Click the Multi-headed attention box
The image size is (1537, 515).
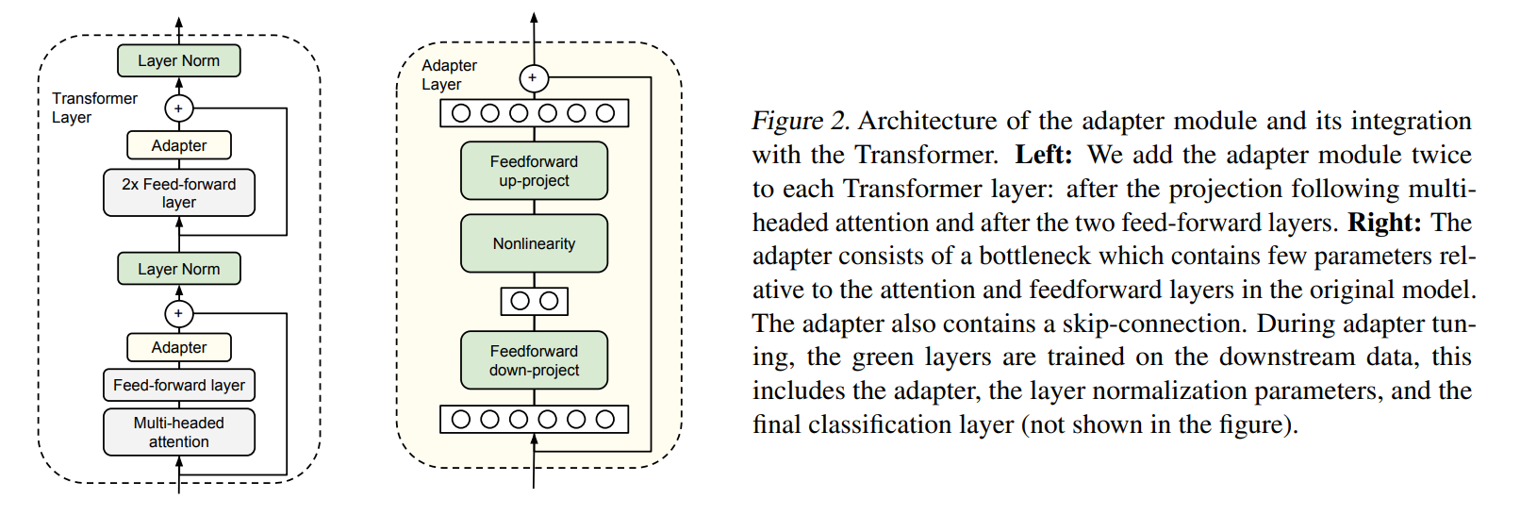(179, 432)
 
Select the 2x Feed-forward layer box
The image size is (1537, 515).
(179, 192)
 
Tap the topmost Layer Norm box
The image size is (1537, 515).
(179, 60)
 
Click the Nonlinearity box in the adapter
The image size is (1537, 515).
(534, 243)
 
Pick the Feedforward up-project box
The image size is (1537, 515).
(534, 171)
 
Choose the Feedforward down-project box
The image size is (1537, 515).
(534, 360)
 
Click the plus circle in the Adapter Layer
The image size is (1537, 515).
(533, 78)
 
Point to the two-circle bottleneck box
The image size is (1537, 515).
(534, 301)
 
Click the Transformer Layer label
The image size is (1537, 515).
(93, 108)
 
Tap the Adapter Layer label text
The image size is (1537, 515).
(449, 75)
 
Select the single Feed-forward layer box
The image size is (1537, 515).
(179, 385)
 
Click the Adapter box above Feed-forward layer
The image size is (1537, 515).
(179, 347)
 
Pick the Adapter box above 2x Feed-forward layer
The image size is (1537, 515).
(179, 145)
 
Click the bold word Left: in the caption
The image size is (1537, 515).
(1043, 155)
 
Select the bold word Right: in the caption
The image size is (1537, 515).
(1384, 223)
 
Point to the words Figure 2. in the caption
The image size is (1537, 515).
(801, 121)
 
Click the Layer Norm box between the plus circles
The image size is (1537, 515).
(179, 269)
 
